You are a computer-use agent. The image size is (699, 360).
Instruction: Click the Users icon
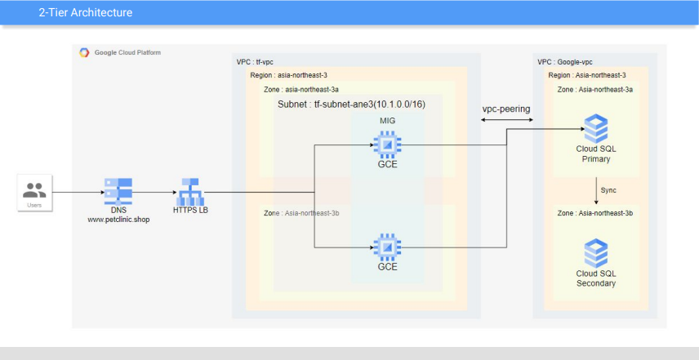[x=34, y=190]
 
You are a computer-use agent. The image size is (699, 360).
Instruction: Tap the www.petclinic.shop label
[x=118, y=220]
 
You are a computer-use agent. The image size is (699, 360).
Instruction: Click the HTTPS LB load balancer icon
[x=190, y=192]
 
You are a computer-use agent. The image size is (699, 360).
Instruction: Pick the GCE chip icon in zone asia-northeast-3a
[x=387, y=144]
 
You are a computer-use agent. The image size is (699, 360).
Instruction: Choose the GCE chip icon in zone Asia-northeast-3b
[x=387, y=247]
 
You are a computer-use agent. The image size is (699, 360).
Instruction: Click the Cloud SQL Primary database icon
[x=596, y=128]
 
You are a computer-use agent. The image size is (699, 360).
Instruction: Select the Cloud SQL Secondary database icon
[x=596, y=253]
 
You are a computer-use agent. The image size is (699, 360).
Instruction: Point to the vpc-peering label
[x=506, y=109]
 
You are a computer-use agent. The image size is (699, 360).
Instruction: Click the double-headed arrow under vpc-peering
[x=507, y=120]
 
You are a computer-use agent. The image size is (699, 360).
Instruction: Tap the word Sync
[x=608, y=190]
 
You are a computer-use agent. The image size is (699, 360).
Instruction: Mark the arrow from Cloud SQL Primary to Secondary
[x=596, y=191]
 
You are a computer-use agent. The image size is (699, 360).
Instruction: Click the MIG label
[x=387, y=121]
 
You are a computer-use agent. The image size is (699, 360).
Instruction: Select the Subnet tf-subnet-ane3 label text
[x=351, y=104]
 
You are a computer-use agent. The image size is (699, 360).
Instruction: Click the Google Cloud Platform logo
[x=84, y=52]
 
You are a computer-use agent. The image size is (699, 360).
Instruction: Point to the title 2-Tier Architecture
[x=86, y=12]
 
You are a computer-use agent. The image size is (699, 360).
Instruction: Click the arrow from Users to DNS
[x=78, y=193]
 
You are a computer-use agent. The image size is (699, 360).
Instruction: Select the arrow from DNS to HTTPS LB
[x=154, y=193]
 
